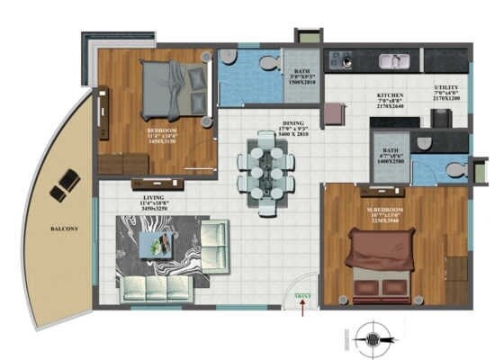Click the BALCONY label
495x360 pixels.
click(x=64, y=229)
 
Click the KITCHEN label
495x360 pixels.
click(x=391, y=95)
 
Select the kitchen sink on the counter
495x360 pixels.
click(x=392, y=61)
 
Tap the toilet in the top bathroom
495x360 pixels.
click(x=266, y=62)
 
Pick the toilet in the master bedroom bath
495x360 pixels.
click(x=455, y=169)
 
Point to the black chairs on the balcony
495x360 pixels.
click(x=64, y=185)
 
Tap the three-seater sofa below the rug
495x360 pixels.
click(x=158, y=288)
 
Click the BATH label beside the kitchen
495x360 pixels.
click(x=391, y=152)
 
